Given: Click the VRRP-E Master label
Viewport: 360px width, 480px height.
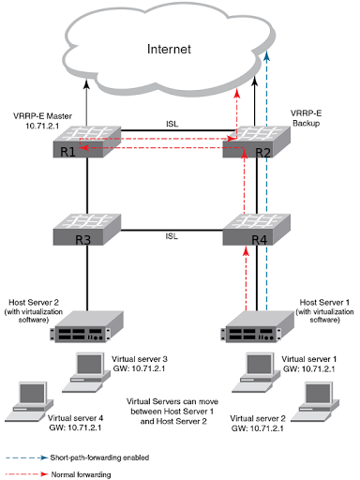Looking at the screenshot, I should point(35,115).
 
